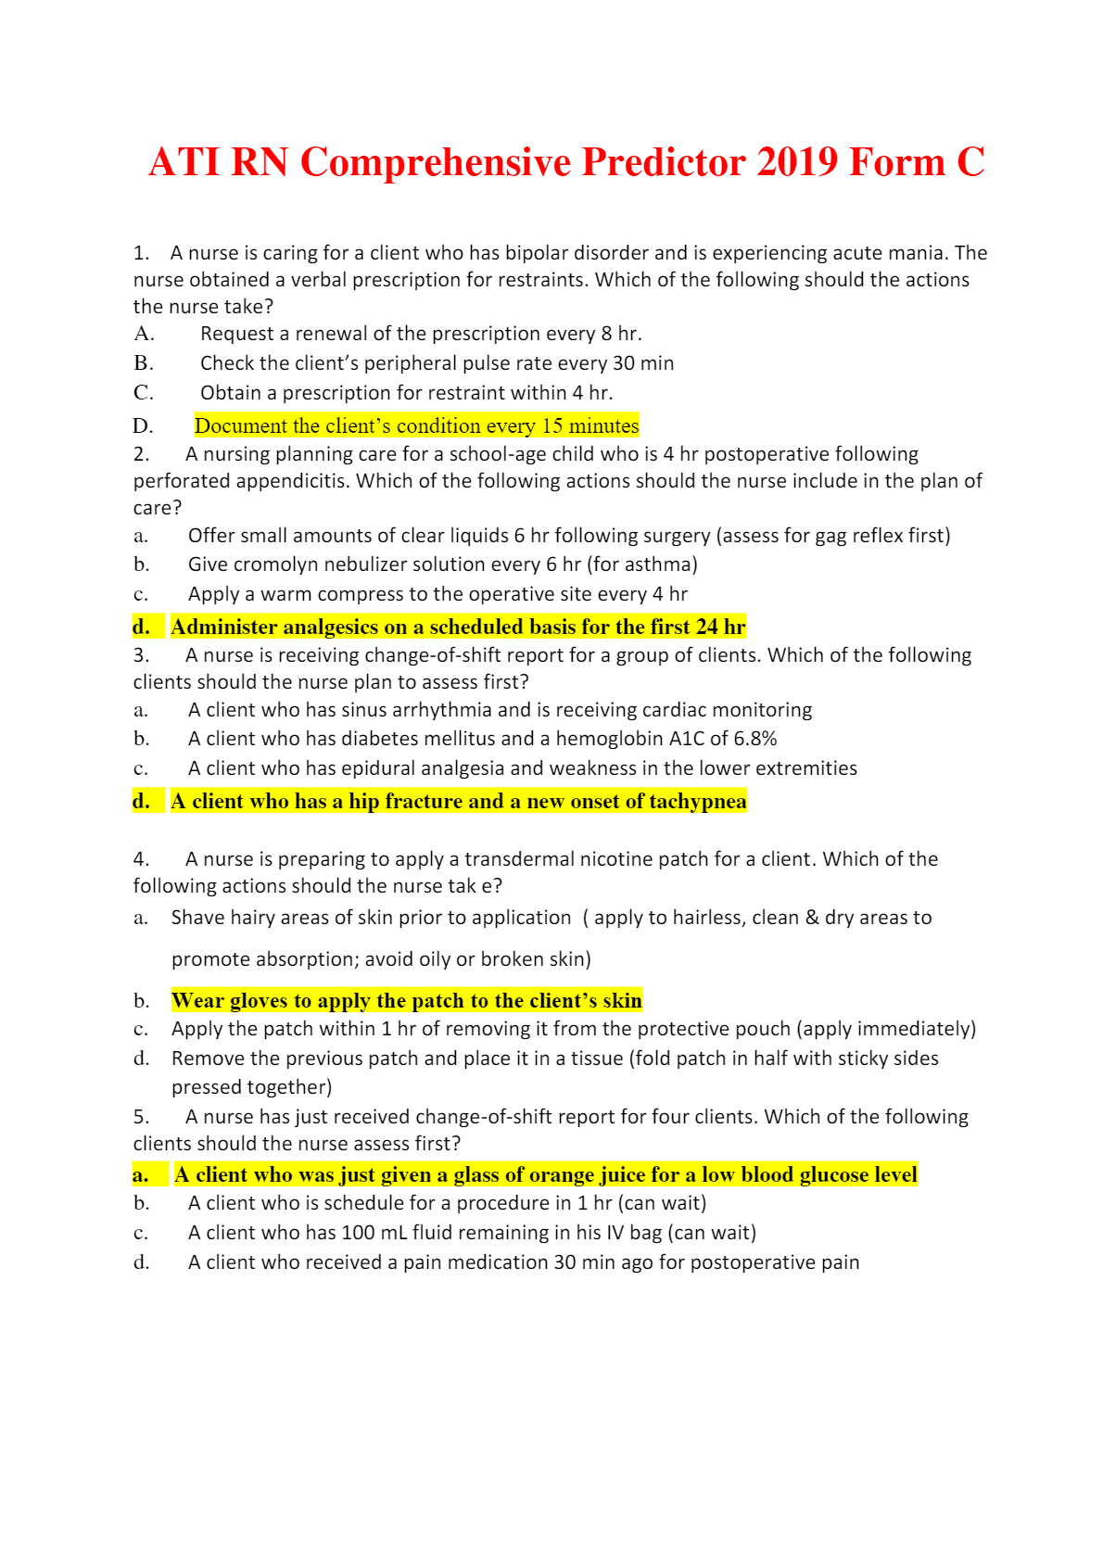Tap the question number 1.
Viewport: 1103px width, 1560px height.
pos(140,253)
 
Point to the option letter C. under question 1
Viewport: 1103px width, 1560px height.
pos(144,393)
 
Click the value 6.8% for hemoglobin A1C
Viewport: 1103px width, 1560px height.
pos(755,739)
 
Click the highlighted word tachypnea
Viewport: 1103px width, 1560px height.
pos(697,802)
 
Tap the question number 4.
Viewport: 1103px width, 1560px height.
pos(140,859)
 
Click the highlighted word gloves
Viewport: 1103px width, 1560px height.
pos(260,1001)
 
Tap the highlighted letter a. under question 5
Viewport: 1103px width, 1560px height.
pos(141,1175)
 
